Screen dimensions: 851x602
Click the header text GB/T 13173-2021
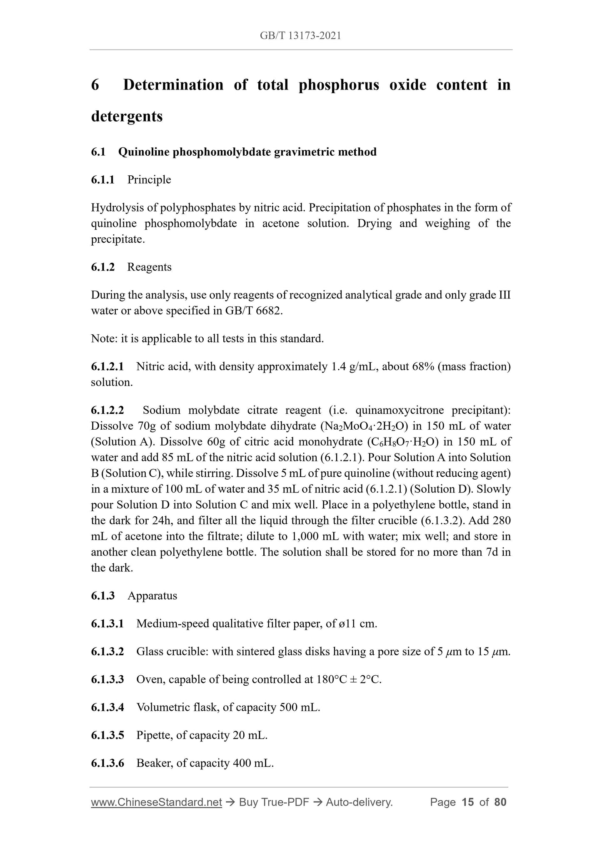coord(300,36)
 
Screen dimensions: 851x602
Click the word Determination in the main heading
coord(173,85)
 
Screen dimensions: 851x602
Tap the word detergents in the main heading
coord(127,116)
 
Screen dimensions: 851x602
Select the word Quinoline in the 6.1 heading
coord(144,152)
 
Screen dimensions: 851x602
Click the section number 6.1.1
coord(102,180)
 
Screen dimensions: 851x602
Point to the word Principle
coord(149,180)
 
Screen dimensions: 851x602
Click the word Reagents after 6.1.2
coord(149,267)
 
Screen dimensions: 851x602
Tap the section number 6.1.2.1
coord(107,367)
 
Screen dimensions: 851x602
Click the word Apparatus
coord(152,596)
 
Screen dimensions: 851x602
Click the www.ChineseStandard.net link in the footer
coord(156,802)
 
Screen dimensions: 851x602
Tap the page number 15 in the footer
coord(468,802)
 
